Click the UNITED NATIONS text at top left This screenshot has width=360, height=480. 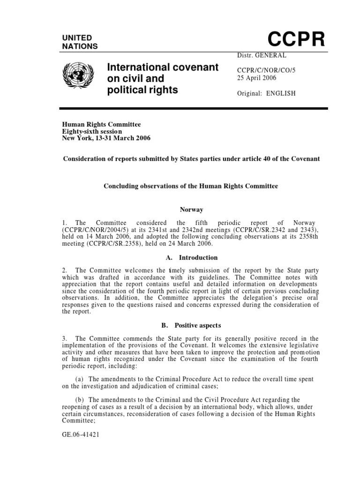click(x=80, y=42)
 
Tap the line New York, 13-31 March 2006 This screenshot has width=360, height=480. click(x=106, y=138)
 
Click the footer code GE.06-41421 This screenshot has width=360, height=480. click(x=81, y=434)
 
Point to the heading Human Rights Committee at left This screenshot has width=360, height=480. click(x=102, y=124)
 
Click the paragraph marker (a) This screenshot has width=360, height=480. click(x=80, y=379)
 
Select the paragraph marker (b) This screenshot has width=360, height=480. click(x=80, y=399)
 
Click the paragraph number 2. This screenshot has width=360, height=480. click(x=64, y=270)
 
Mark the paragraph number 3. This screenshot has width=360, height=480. click(x=64, y=338)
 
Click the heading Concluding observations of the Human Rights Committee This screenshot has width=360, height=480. click(x=190, y=186)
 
